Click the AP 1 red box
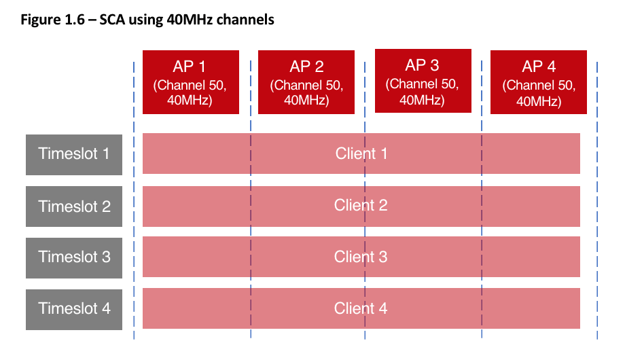pyautogui.click(x=191, y=82)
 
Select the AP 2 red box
pyautogui.click(x=306, y=82)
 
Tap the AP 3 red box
pyautogui.click(x=423, y=81)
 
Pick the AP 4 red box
pyautogui.click(x=539, y=82)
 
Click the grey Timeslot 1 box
pyautogui.click(x=74, y=154)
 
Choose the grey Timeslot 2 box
pyautogui.click(x=74, y=205)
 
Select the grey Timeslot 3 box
pyautogui.click(x=74, y=257)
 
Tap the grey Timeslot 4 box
pyautogui.click(x=74, y=308)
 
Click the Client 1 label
pyautogui.click(x=361, y=154)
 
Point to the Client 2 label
pyautogui.click(x=361, y=205)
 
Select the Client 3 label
pyautogui.click(x=361, y=257)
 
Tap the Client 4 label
pyautogui.click(x=361, y=308)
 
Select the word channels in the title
pyautogui.click(x=249, y=20)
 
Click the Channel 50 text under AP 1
pyautogui.click(x=191, y=86)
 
